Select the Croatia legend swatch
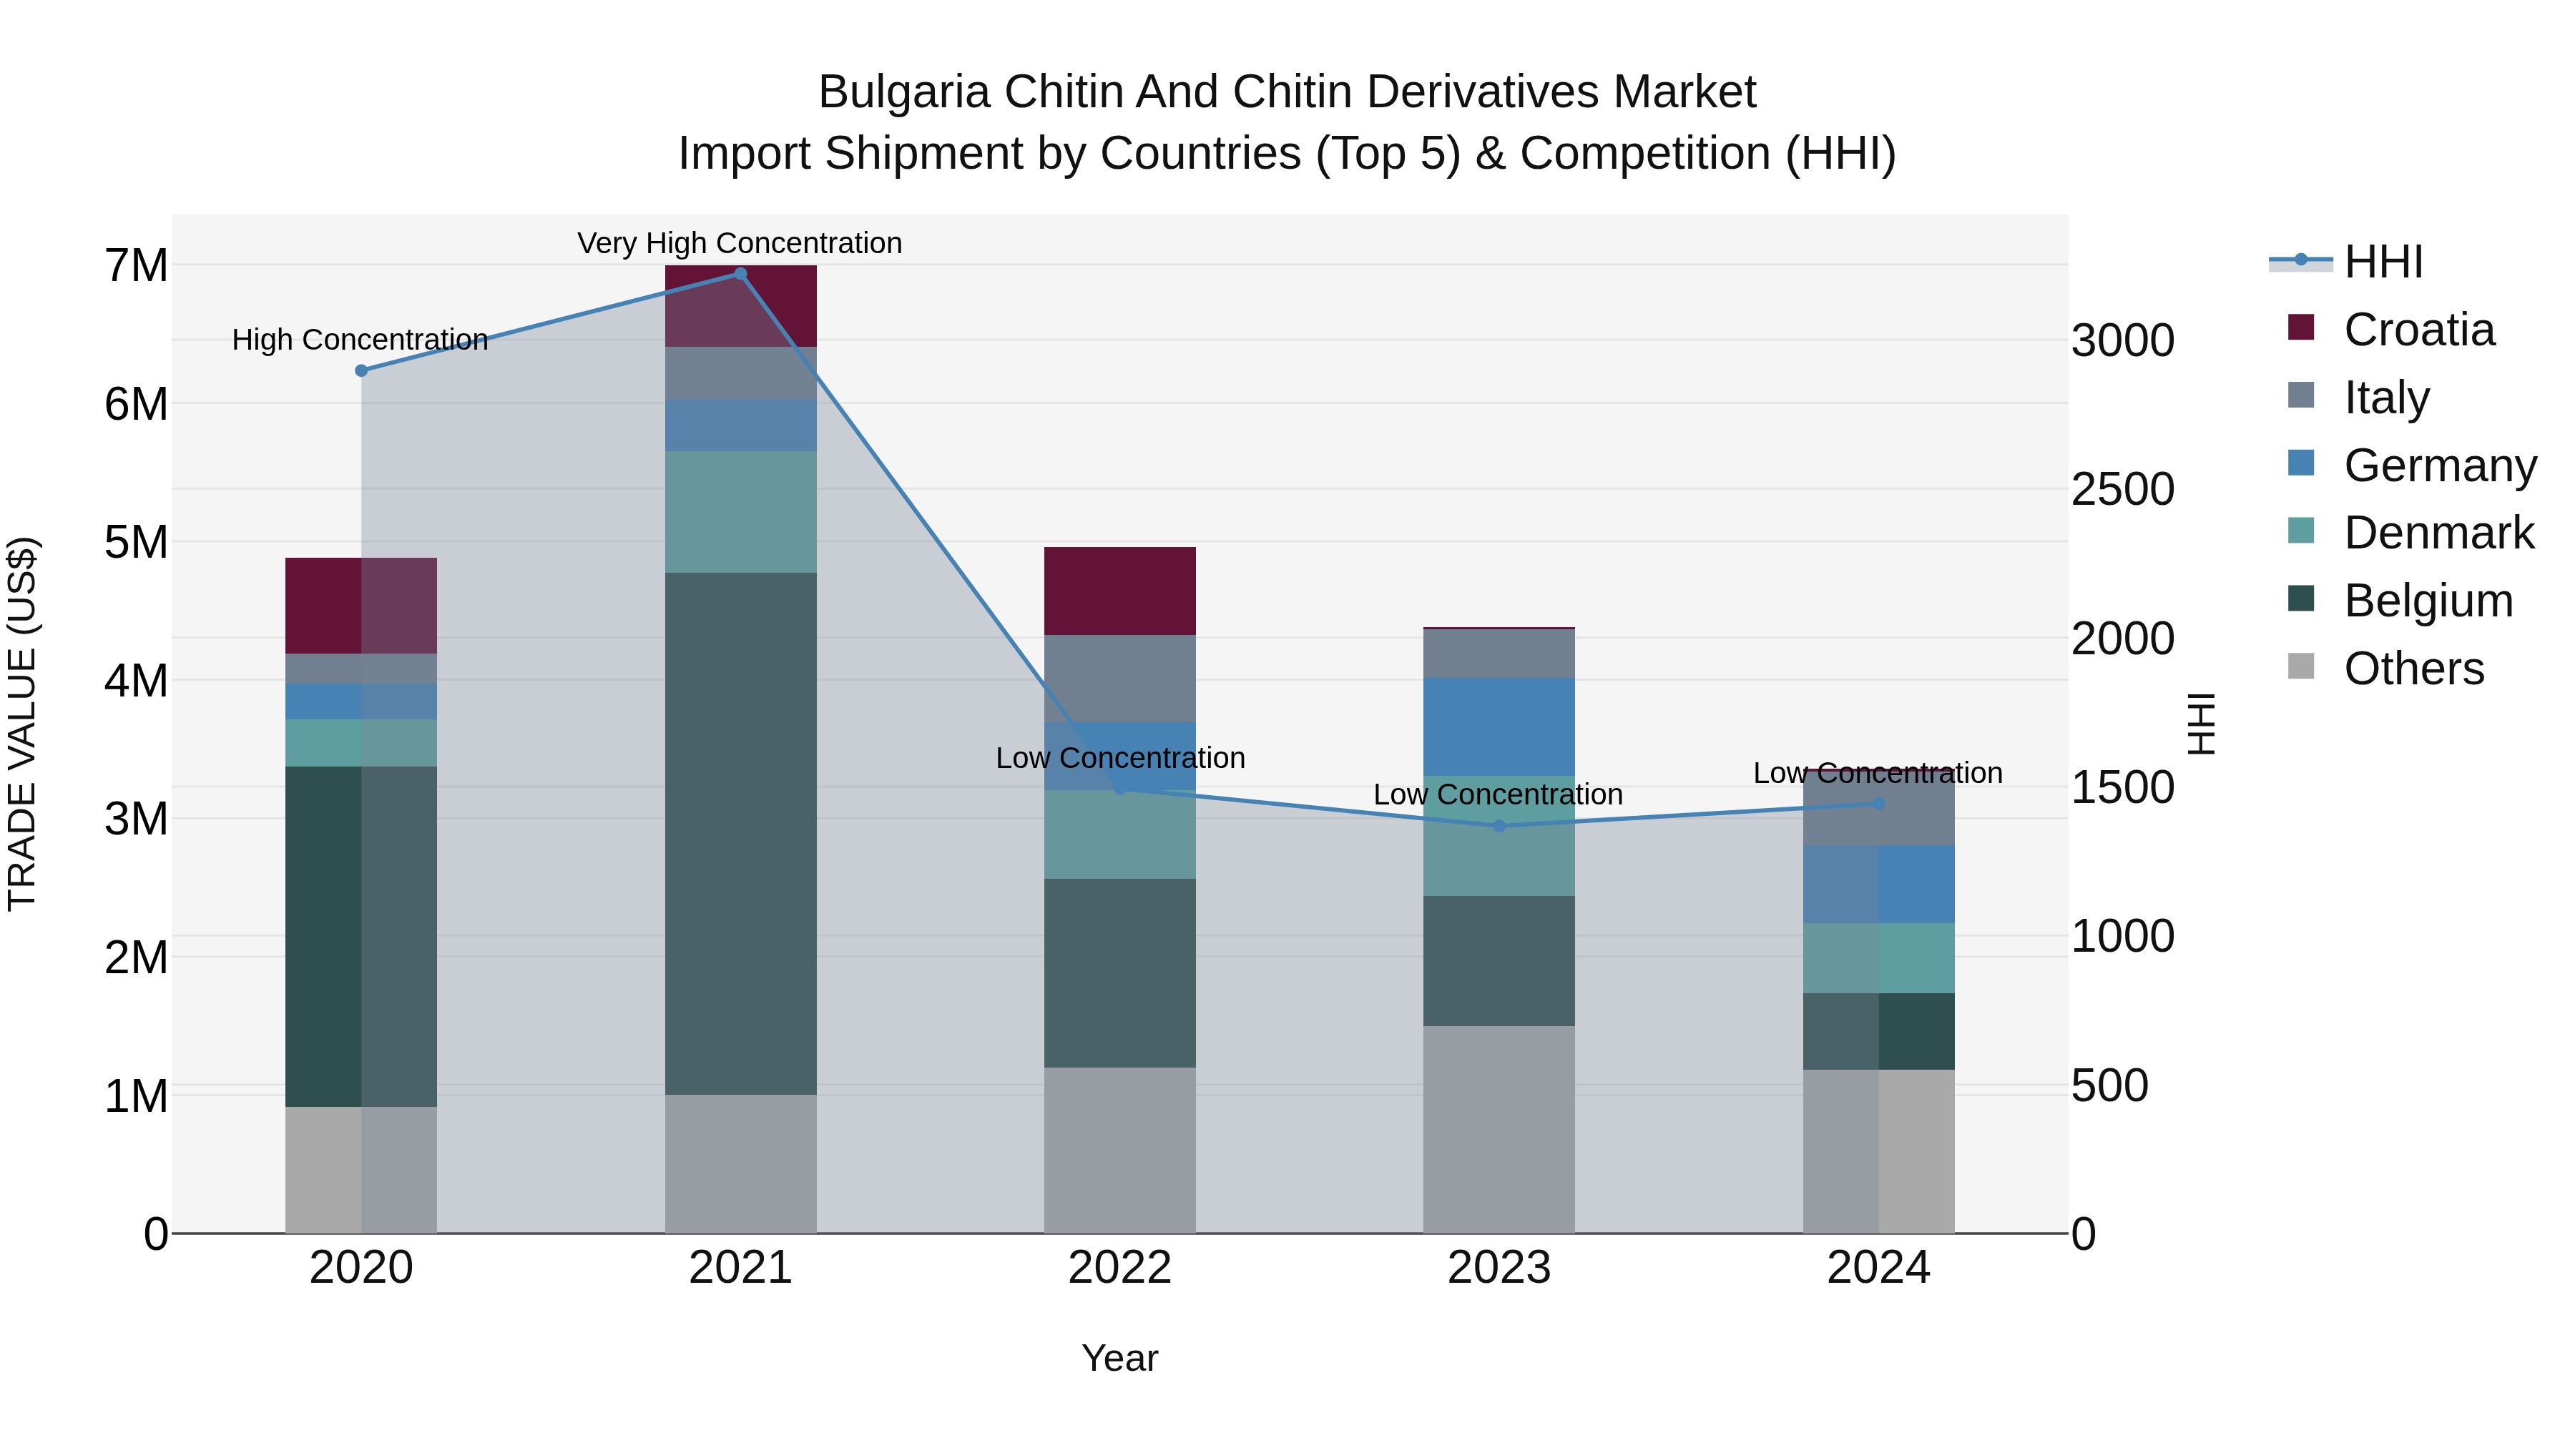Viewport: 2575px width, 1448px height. click(2300, 327)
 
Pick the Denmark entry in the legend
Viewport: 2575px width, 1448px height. click(2438, 533)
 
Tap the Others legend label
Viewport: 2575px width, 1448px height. click(2413, 669)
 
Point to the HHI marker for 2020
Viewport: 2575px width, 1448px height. click(361, 370)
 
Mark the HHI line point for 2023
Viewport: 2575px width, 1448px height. click(1499, 825)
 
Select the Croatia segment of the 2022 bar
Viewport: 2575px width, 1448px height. click(1119, 591)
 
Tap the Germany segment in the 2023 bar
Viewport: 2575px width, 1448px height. click(1499, 727)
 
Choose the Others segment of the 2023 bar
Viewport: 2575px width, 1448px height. click(1499, 1129)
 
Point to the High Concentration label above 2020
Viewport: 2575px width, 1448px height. click(360, 340)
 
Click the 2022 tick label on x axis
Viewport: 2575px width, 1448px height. click(1119, 1268)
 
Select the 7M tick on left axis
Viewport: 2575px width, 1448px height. click(136, 266)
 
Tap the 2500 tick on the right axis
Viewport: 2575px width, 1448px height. click(2122, 490)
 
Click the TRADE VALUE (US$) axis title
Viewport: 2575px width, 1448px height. click(22, 724)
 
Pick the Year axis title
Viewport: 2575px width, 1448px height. click(1119, 1358)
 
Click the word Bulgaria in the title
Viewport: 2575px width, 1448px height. click(905, 92)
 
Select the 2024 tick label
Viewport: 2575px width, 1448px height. click(1878, 1268)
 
